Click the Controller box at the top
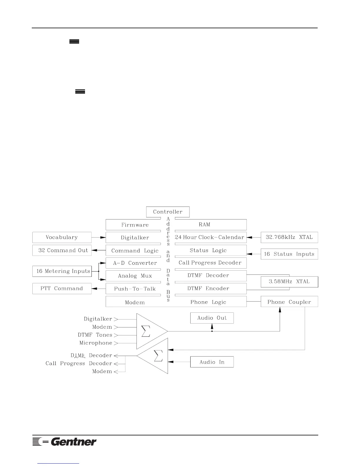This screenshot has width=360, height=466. click(x=168, y=212)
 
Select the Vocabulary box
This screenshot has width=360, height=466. click(x=62, y=237)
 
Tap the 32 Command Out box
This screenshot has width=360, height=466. click(x=62, y=250)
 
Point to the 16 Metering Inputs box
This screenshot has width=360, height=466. click(x=62, y=271)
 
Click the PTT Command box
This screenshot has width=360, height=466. click(x=62, y=289)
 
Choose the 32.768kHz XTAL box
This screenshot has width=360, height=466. click(x=289, y=237)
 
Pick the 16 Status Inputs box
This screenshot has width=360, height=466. click(x=289, y=254)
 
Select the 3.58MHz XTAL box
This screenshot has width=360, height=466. click(x=289, y=282)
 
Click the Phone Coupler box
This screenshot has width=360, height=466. click(x=289, y=302)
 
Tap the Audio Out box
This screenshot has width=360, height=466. click(x=212, y=318)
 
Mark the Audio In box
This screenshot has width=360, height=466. click(x=212, y=362)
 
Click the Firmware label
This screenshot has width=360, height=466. click(x=135, y=225)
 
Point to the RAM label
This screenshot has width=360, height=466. click(x=204, y=225)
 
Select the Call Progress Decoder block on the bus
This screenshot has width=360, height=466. click(x=210, y=263)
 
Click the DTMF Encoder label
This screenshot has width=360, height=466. click(x=208, y=289)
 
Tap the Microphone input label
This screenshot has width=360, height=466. click(x=96, y=343)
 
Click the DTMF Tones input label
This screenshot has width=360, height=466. click(x=95, y=335)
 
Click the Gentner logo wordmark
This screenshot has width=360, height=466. click(x=74, y=442)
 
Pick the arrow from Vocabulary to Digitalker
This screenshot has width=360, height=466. click(x=99, y=237)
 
